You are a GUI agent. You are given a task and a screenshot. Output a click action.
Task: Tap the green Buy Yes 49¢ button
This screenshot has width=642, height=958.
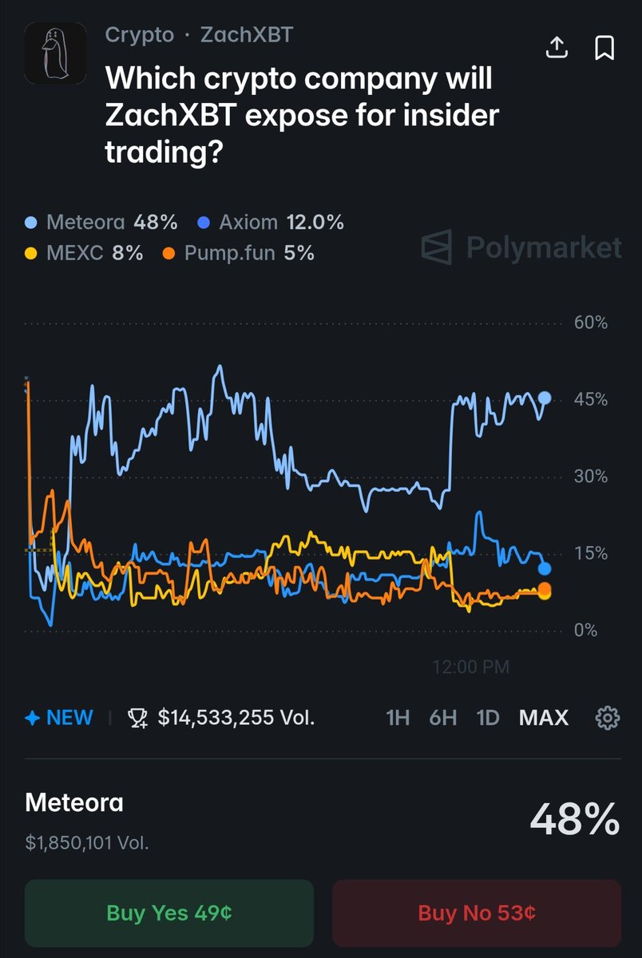point(168,912)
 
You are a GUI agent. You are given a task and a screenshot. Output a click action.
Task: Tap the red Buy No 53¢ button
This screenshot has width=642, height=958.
point(476,912)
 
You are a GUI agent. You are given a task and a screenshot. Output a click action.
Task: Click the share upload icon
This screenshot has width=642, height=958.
point(557,48)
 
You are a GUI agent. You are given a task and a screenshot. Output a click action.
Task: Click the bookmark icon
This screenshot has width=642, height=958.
point(604,48)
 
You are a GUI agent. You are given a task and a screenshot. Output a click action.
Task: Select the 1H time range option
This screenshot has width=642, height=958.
point(398,718)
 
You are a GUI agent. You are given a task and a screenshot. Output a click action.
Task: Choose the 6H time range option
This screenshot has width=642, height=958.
point(442,718)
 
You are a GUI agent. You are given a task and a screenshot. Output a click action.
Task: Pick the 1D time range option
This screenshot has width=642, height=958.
point(487,718)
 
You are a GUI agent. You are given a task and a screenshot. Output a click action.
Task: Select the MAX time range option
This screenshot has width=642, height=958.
point(543,718)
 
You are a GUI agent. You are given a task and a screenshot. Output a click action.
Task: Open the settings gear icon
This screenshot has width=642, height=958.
point(608,718)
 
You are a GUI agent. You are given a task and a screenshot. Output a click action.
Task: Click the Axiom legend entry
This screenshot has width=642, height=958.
point(270,222)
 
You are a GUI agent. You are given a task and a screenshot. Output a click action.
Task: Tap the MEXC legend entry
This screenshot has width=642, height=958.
point(84,253)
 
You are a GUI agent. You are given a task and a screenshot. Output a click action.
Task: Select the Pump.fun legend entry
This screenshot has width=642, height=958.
point(237,253)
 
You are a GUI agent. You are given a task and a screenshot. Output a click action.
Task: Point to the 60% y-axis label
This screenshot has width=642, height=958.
point(590,323)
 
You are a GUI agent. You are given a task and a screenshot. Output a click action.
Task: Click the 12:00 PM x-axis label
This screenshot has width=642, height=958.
point(470,667)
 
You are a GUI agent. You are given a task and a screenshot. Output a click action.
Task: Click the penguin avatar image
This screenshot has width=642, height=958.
point(55,53)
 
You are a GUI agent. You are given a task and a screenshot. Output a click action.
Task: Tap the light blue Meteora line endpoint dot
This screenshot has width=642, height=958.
point(545,398)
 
